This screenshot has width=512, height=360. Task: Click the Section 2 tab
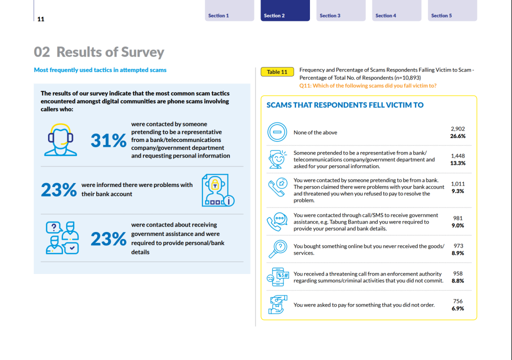tap(285, 10)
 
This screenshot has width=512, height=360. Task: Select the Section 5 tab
tap(452, 10)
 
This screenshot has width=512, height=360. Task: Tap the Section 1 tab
tap(229, 10)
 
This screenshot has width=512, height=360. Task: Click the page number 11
tap(41, 19)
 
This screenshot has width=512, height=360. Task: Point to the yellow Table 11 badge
tap(277, 72)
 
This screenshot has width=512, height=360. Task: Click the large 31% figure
tap(108, 140)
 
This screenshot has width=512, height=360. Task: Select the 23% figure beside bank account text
tap(59, 190)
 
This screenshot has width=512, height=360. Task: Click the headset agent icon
tap(60, 140)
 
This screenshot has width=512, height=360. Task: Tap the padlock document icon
tap(218, 190)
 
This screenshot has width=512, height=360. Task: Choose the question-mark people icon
tap(62, 237)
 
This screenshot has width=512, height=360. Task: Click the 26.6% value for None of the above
tap(458, 136)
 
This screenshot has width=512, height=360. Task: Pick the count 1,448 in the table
tap(458, 156)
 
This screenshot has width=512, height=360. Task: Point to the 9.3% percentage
tap(458, 191)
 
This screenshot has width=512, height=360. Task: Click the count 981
tap(458, 218)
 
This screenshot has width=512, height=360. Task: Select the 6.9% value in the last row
tap(458, 308)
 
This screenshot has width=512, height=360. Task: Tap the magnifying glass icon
tap(277, 249)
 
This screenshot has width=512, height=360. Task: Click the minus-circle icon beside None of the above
tap(277, 132)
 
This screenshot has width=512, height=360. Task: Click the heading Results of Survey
tap(110, 52)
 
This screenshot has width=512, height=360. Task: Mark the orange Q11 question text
tap(367, 85)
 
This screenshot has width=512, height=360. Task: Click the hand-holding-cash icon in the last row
tap(277, 304)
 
